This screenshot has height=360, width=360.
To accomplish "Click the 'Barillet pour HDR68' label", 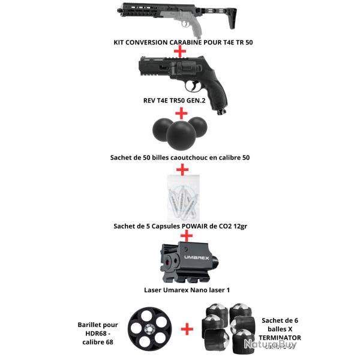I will coord(98,329).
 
